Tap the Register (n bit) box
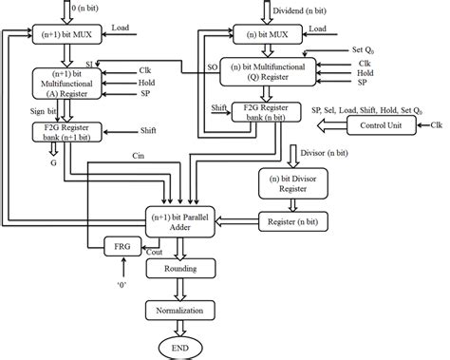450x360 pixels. pos(289,220)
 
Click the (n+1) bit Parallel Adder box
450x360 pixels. pos(180,221)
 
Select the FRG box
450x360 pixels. pos(121,248)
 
